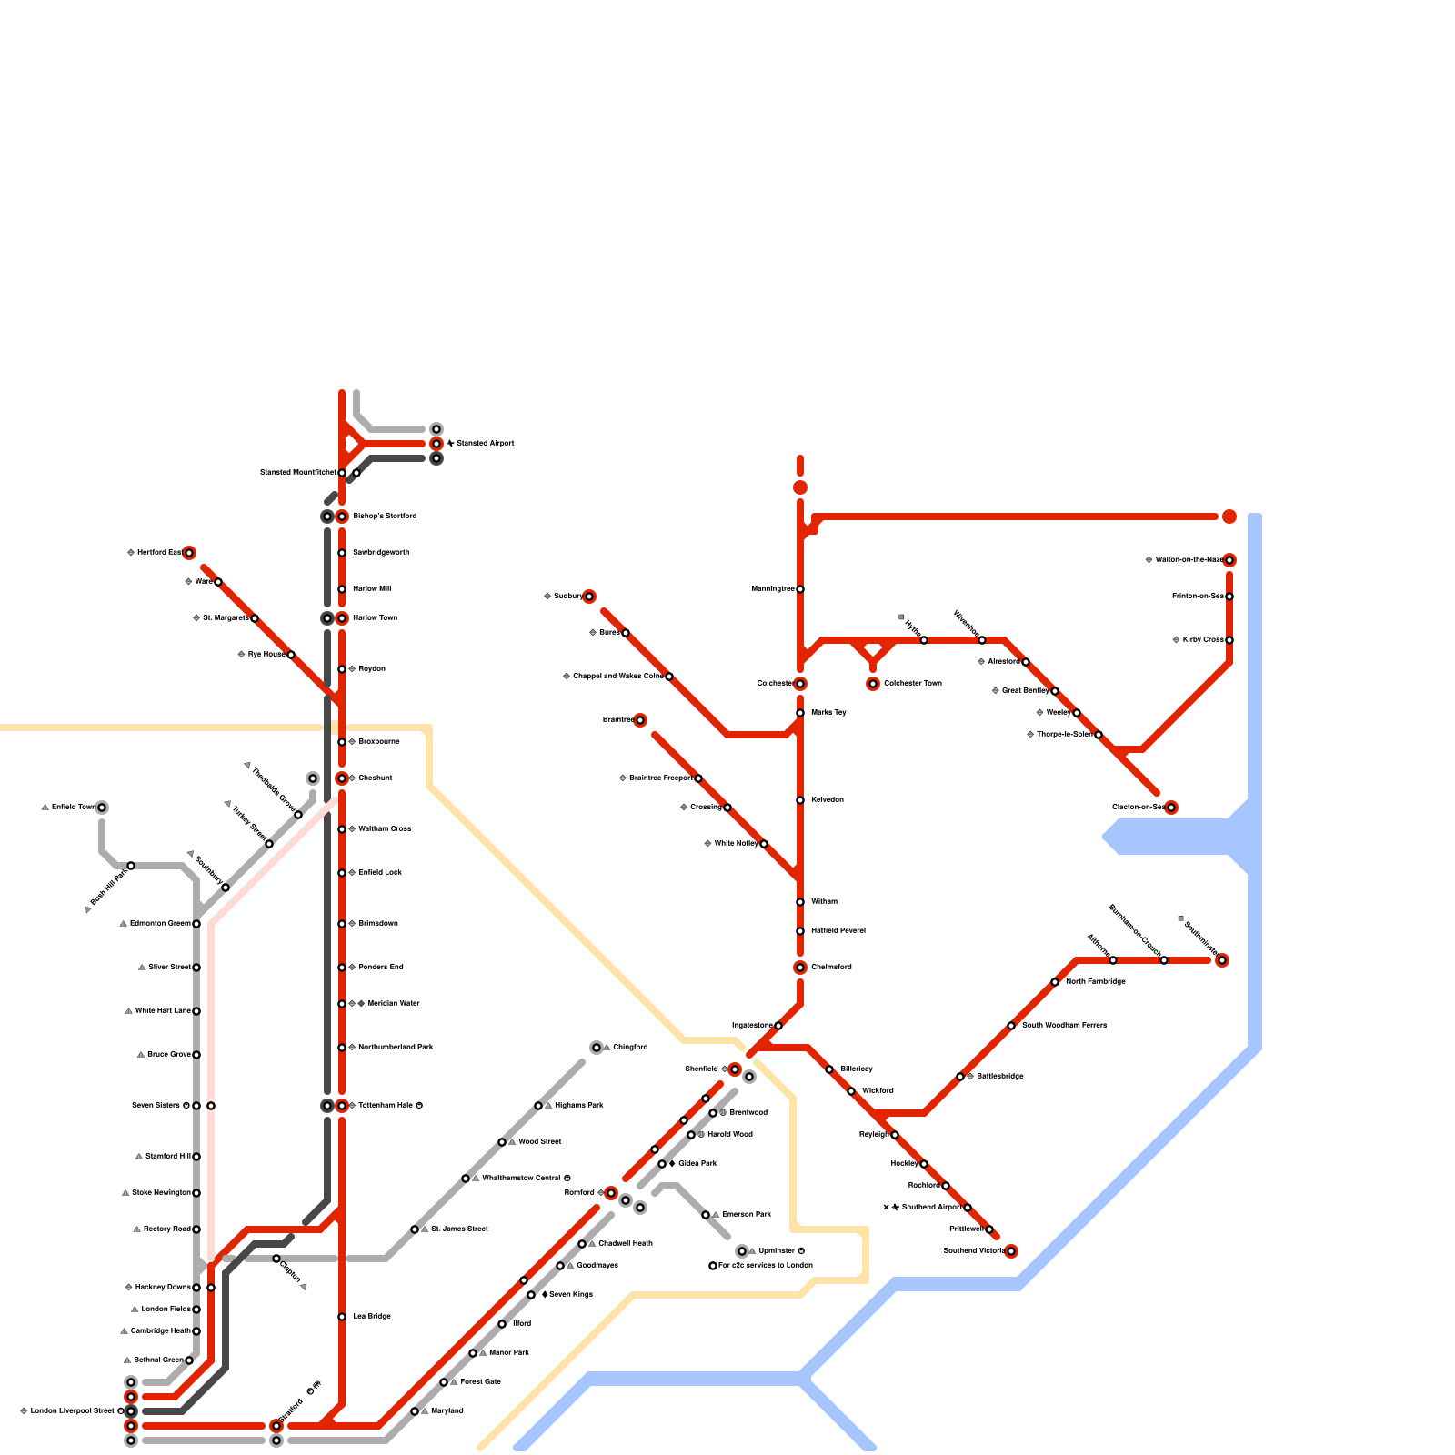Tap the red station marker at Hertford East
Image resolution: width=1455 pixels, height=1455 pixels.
(x=189, y=553)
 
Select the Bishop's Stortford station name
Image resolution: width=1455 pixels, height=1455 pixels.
(x=385, y=517)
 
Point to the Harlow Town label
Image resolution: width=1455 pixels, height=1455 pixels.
(x=375, y=618)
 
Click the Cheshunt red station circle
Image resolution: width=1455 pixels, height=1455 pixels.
(x=342, y=778)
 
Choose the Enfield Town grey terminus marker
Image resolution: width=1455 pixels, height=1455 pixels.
(x=102, y=808)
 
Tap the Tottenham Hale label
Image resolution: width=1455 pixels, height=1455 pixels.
(x=386, y=1106)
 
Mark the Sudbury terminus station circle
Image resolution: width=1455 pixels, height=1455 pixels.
(x=589, y=597)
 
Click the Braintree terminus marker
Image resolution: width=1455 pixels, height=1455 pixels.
(x=640, y=720)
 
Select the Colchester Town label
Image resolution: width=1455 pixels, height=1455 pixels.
(x=912, y=684)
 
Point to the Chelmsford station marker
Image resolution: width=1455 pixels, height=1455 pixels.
(x=800, y=968)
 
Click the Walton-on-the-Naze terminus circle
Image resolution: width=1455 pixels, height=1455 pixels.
(x=1229, y=560)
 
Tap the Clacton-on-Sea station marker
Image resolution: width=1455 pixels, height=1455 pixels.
(x=1171, y=808)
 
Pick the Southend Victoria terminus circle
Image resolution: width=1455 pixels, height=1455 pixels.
(x=1011, y=1251)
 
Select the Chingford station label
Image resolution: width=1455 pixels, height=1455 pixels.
(x=629, y=1048)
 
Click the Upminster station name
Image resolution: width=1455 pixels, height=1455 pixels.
(x=777, y=1251)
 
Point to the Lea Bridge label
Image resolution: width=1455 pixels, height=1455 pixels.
(x=372, y=1317)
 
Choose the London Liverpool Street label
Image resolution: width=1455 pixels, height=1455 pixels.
(x=72, y=1411)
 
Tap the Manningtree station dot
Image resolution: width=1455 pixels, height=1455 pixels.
(x=800, y=589)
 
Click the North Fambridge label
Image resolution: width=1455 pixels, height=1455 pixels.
(x=1095, y=982)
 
